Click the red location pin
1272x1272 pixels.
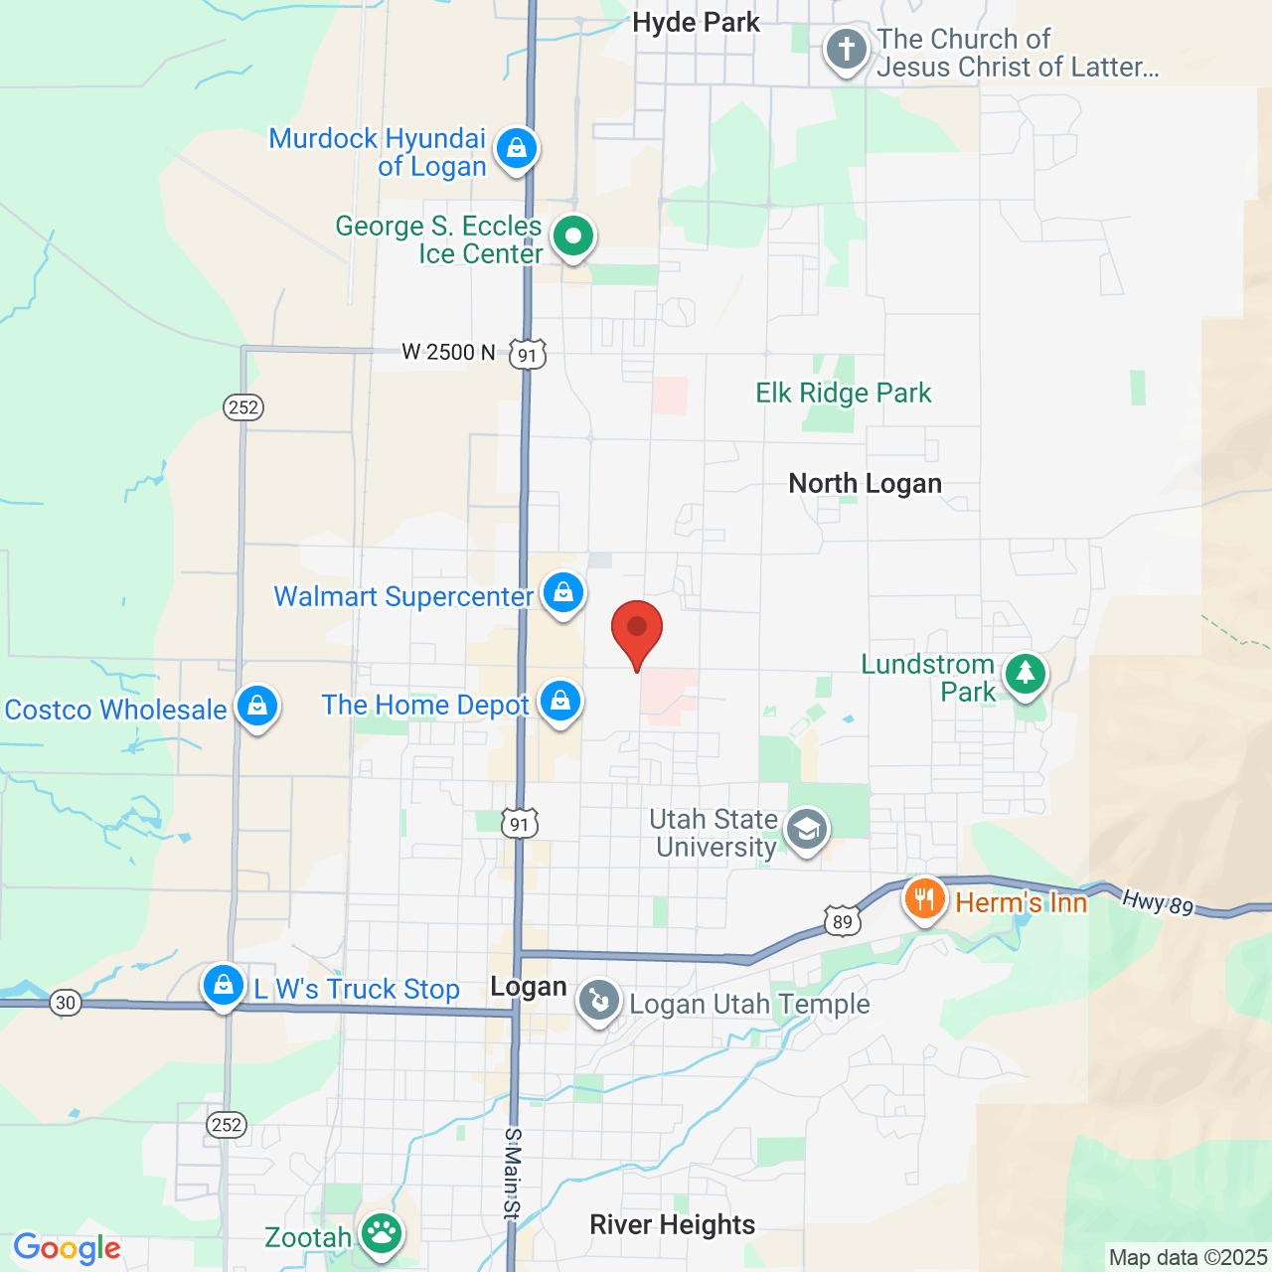point(636,630)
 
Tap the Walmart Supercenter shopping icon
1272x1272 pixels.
point(563,593)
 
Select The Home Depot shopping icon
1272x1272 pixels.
point(560,702)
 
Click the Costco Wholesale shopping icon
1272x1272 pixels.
point(257,707)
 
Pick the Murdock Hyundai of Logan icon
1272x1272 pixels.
point(516,149)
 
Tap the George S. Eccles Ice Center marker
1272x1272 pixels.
point(573,237)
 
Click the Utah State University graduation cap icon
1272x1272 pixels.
point(806,829)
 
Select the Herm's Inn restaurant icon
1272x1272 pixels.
point(924,899)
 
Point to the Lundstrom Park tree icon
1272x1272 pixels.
point(1026,675)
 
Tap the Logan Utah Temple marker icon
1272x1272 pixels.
point(599,1001)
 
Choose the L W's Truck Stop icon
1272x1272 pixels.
point(224,986)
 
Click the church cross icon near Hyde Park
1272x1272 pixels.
point(846,50)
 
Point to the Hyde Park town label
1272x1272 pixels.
point(696,23)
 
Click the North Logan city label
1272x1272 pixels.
point(865,484)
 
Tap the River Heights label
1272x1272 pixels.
point(672,1225)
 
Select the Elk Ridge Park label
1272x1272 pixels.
point(843,394)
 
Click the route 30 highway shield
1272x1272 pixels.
point(66,1002)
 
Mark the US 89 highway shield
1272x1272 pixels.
point(842,922)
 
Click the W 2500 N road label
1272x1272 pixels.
point(448,353)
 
